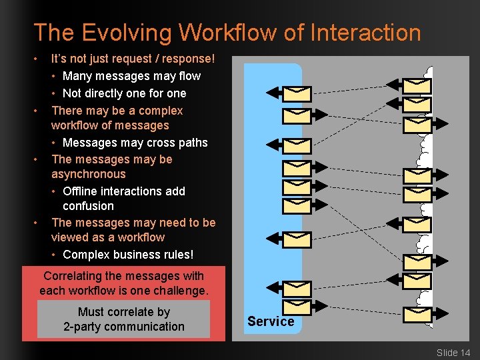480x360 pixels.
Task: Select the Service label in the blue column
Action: [x=271, y=321]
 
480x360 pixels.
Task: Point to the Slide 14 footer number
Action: [x=453, y=352]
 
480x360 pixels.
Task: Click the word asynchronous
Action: [x=88, y=174]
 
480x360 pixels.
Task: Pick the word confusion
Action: [x=88, y=206]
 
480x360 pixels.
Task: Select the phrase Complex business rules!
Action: [x=128, y=255]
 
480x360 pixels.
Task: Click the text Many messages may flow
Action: [x=131, y=76]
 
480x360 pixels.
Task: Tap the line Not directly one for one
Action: [x=124, y=93]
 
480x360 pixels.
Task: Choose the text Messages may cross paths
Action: [x=135, y=143]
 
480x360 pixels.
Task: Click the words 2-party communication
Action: [x=124, y=327]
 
